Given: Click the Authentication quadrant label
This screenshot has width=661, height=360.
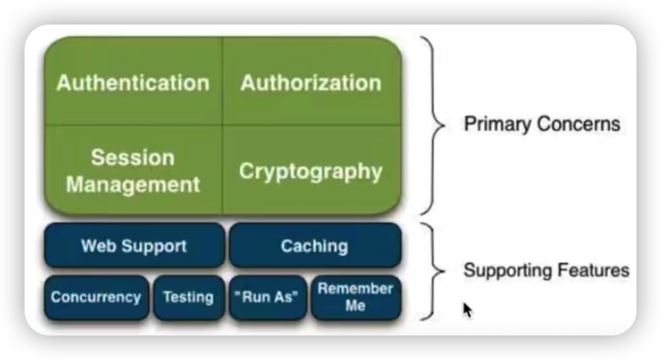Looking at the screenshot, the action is [x=133, y=82].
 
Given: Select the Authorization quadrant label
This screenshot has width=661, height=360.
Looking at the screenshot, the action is [x=311, y=82].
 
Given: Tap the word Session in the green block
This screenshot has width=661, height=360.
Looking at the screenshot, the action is [x=133, y=157].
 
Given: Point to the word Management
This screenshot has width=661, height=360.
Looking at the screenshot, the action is [x=133, y=185].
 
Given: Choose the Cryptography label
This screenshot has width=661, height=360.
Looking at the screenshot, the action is [x=311, y=172].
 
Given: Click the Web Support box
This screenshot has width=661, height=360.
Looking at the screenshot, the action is [x=134, y=245].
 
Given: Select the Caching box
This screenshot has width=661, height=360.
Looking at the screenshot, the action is [x=316, y=245].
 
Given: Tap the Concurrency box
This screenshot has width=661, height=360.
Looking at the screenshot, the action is [x=97, y=297].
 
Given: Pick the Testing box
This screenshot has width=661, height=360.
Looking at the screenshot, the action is [x=189, y=297].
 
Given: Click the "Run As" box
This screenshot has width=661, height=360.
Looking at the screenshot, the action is [x=268, y=297].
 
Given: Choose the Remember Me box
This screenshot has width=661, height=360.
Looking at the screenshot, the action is [x=356, y=297].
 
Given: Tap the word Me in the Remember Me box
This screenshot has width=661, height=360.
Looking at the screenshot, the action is [x=355, y=305].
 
